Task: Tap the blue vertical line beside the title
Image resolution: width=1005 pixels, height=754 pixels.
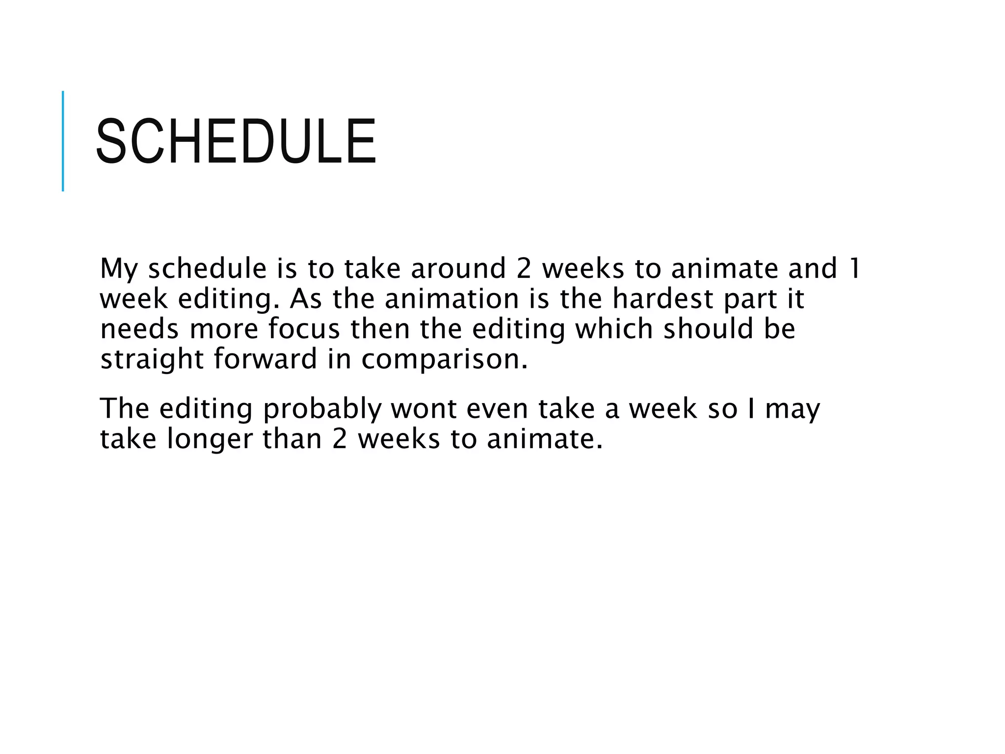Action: click(x=63, y=141)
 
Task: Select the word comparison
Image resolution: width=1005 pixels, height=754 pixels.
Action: click(x=444, y=360)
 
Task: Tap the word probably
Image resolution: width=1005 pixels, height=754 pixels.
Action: click(x=322, y=409)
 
